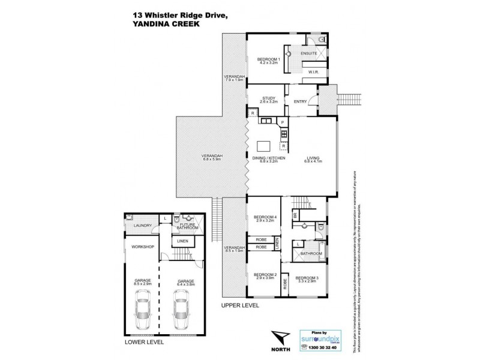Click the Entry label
coord(300,101)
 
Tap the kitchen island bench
coord(263,146)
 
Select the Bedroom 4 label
coord(264,218)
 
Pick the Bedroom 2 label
coord(264,275)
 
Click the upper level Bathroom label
coord(311,253)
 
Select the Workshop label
coord(143,247)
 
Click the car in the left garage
coord(143,307)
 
